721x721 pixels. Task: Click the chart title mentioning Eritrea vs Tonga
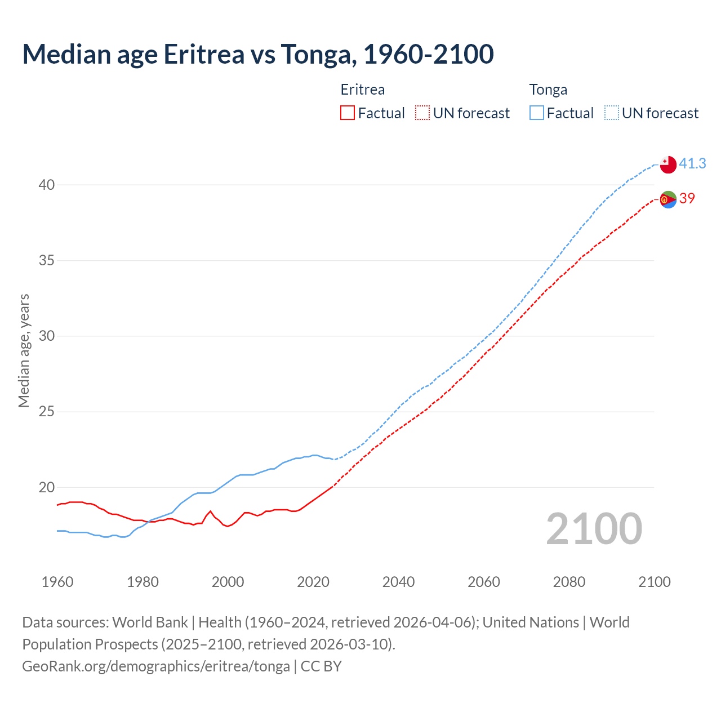[258, 54]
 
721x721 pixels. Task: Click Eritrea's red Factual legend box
[348, 113]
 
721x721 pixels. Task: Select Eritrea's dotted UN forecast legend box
[422, 113]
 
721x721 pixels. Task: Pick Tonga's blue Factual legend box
[537, 113]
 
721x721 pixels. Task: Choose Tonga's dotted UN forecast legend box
[612, 113]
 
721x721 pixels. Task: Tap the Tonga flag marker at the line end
[668, 164]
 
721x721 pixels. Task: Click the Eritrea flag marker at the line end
[668, 199]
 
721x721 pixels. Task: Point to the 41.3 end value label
[692, 163]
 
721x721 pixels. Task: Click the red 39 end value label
[687, 198]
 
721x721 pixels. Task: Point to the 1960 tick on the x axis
[57, 582]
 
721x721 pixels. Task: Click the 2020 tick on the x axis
[313, 582]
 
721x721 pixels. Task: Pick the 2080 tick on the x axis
[569, 582]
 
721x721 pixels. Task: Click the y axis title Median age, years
[24, 350]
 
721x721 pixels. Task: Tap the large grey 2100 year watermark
[594, 528]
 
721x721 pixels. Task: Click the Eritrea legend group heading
[363, 90]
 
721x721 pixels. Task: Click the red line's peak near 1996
[210, 511]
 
